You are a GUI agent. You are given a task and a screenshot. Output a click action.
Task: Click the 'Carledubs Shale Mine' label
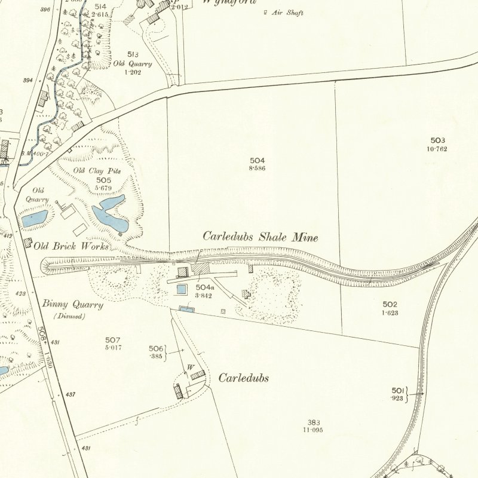click(x=260, y=237)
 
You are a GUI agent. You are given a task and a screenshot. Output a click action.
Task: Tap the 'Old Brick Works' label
click(x=71, y=246)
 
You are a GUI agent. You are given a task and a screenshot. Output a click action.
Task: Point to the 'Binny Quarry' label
click(x=72, y=304)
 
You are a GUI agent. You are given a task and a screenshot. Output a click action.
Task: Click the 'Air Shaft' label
click(x=287, y=13)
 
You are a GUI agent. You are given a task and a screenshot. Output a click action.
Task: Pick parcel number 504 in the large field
click(x=258, y=161)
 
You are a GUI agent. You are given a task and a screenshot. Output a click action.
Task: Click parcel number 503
click(x=437, y=140)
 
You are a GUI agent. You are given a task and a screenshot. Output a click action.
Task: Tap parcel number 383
click(x=312, y=422)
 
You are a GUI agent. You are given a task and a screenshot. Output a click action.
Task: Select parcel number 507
click(x=113, y=340)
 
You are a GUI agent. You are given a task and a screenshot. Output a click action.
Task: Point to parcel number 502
click(x=390, y=304)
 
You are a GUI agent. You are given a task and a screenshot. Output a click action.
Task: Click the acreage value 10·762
click(x=437, y=148)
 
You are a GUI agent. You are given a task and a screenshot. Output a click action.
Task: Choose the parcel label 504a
click(x=204, y=287)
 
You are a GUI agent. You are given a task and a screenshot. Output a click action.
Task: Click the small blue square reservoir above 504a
click(x=182, y=289)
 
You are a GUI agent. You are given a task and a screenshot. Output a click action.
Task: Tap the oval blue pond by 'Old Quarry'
click(x=35, y=217)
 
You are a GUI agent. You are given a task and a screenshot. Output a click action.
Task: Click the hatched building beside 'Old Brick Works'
click(x=27, y=242)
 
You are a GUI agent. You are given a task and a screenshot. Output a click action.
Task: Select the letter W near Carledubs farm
click(x=191, y=366)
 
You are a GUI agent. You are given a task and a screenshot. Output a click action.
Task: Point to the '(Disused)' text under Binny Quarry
click(x=69, y=315)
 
